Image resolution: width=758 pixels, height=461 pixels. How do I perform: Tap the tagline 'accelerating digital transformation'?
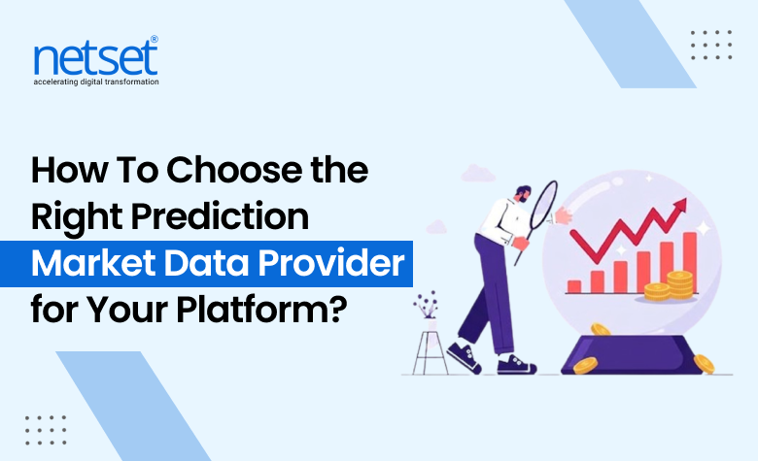pos(95,82)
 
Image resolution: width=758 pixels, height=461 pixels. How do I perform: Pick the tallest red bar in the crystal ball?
pos(690,260)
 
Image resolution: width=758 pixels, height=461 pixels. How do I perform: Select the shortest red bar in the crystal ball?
pos(574,286)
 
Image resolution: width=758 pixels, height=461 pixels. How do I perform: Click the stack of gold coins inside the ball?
pos(679,285)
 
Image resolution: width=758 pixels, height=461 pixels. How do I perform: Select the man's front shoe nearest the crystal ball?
pos(517,364)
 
